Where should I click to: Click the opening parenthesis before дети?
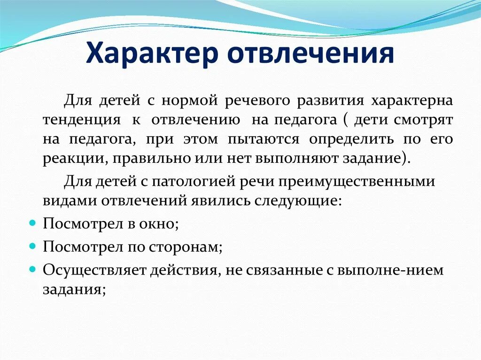[345, 120]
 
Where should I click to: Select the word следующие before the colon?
[295, 200]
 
